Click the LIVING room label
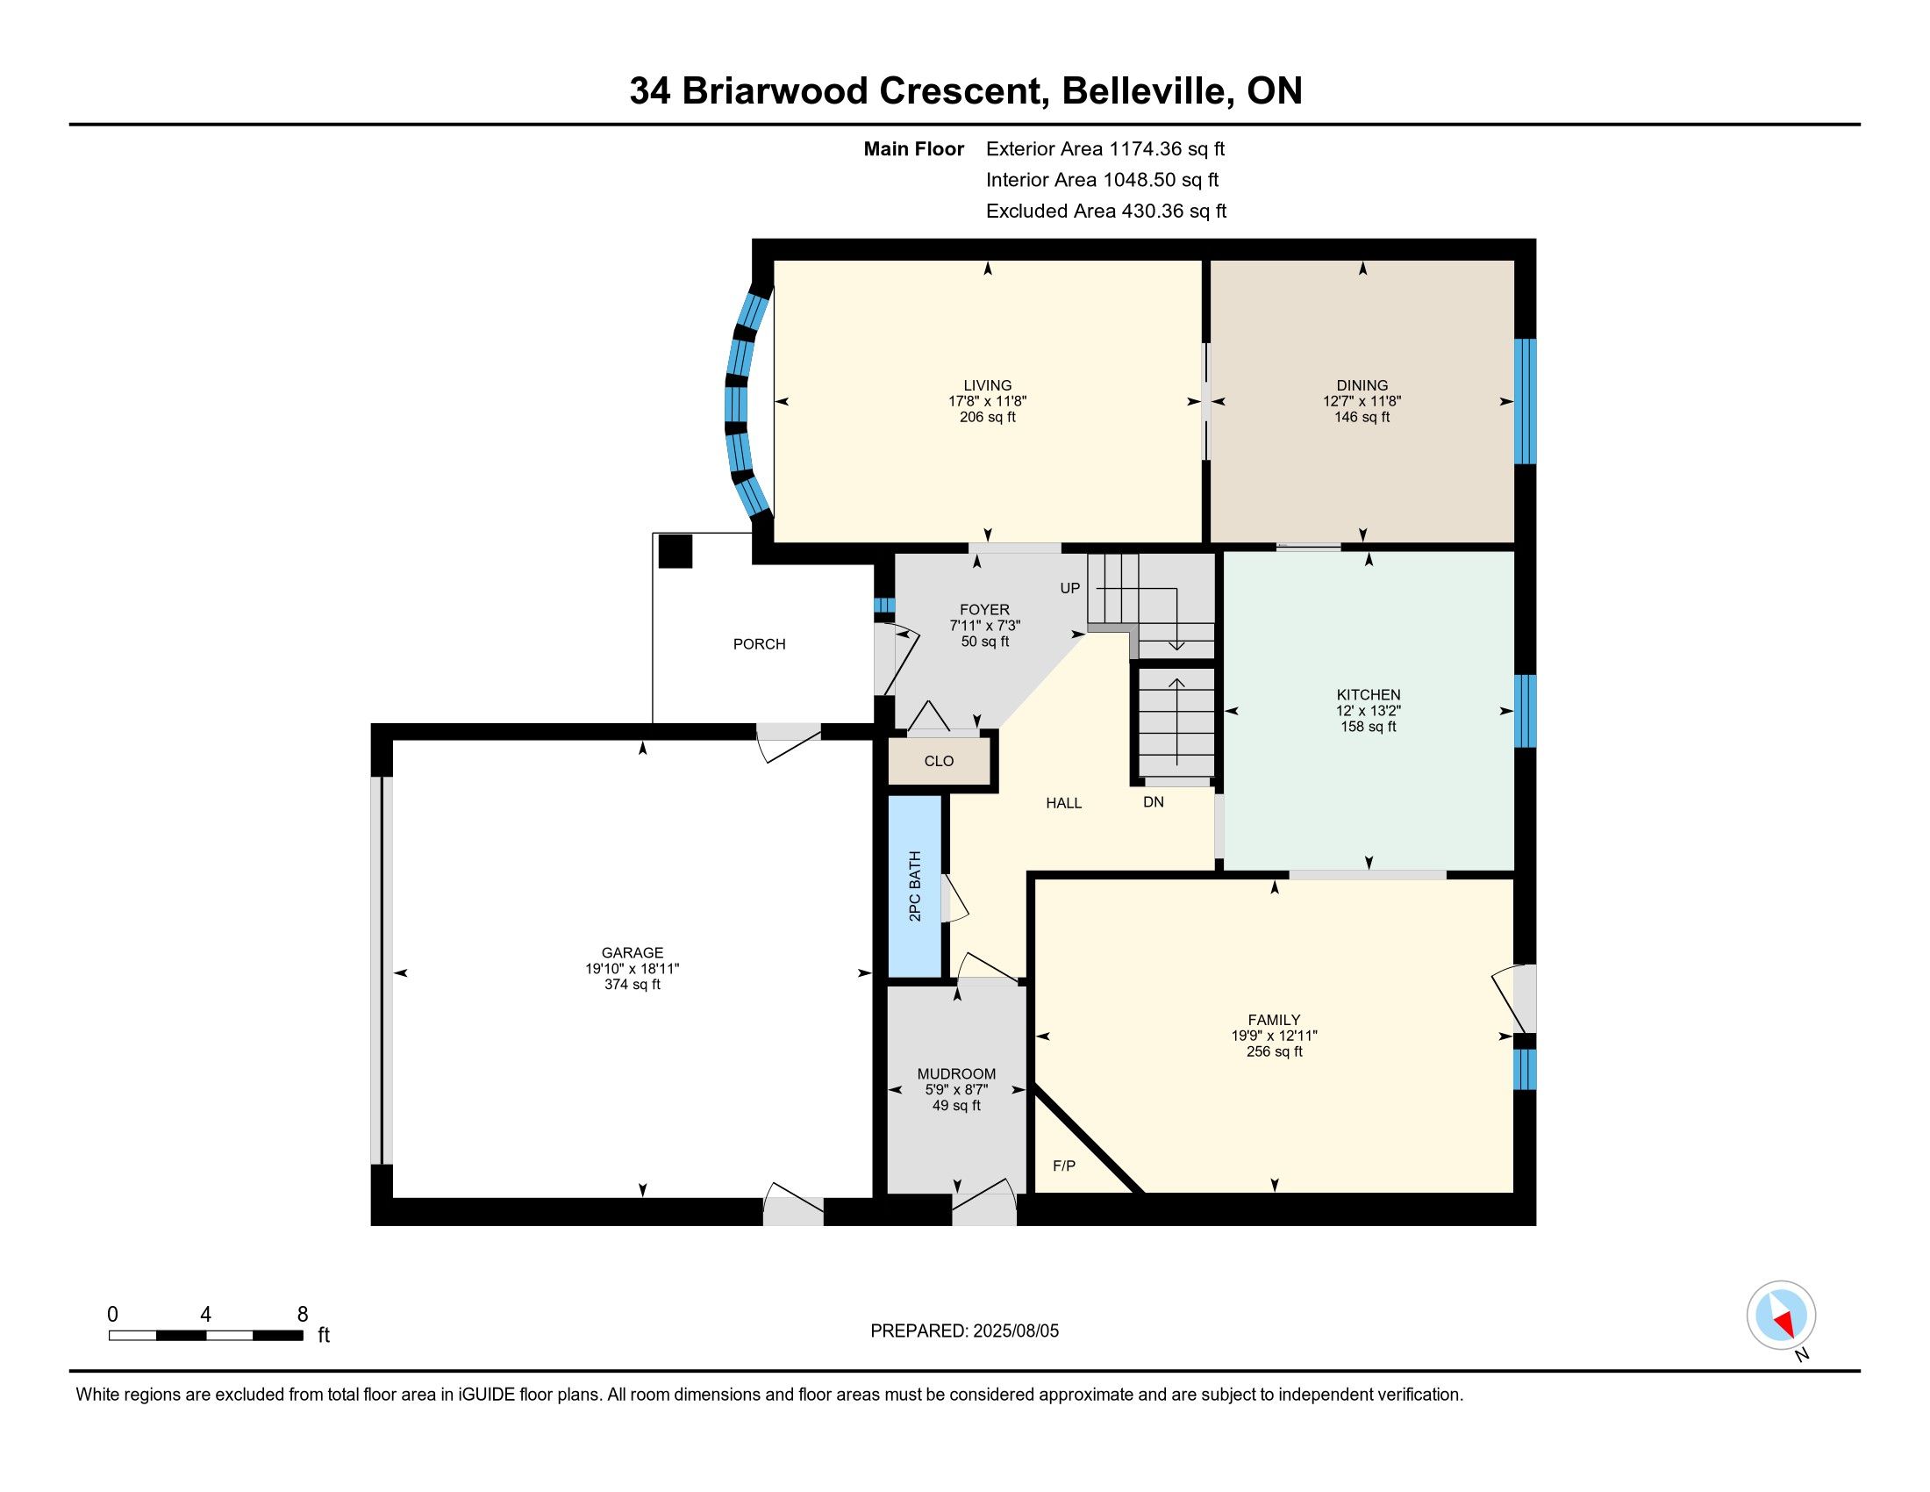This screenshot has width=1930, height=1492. click(x=987, y=385)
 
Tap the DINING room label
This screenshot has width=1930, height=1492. click(x=1362, y=385)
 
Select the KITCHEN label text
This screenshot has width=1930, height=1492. click(x=1368, y=695)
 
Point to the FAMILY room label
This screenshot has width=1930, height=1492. click(x=1274, y=1020)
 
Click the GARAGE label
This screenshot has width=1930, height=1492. click(x=632, y=953)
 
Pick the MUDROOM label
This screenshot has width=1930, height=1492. click(x=956, y=1075)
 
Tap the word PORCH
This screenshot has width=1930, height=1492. click(x=759, y=644)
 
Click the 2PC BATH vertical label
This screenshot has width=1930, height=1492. click(x=915, y=886)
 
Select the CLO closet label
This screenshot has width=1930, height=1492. click(x=939, y=761)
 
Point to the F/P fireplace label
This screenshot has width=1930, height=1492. click(x=1064, y=1166)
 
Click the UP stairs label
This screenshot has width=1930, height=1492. click(x=1069, y=588)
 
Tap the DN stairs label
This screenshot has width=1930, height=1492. click(x=1154, y=801)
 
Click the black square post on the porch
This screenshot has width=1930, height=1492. click(x=676, y=551)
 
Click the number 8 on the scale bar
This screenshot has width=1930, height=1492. click(x=303, y=1315)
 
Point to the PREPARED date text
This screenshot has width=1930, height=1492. click(x=964, y=1331)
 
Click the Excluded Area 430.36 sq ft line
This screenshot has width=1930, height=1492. click(x=1105, y=212)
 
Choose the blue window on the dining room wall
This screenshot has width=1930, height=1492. click(x=1526, y=401)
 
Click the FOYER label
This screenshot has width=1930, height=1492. click(x=984, y=610)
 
